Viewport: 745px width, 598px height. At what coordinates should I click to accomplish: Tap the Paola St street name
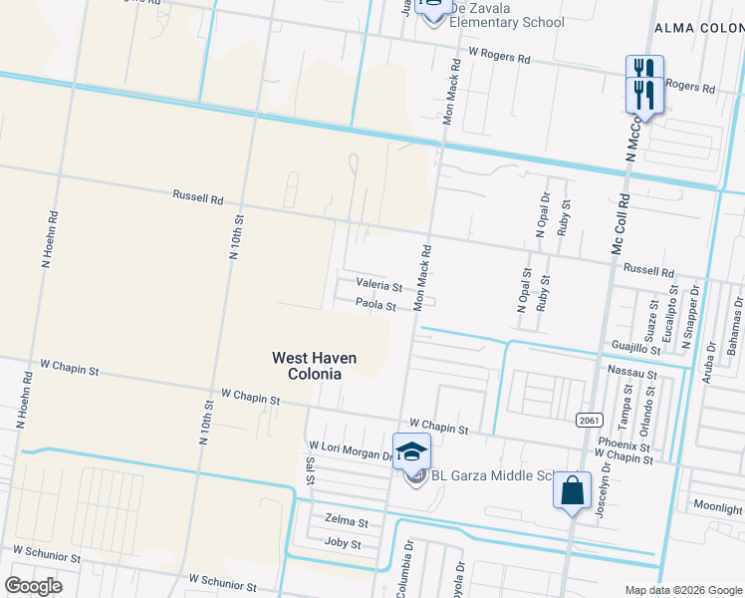click(376, 305)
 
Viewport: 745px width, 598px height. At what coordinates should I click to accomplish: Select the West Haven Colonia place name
click(315, 366)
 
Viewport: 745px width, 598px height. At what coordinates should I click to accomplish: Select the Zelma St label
click(347, 522)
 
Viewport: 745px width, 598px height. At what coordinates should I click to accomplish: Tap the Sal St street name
click(311, 471)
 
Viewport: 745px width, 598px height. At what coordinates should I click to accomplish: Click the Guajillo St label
click(635, 349)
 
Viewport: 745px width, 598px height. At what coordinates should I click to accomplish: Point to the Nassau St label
click(631, 374)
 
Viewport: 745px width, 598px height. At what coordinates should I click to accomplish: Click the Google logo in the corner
click(33, 585)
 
